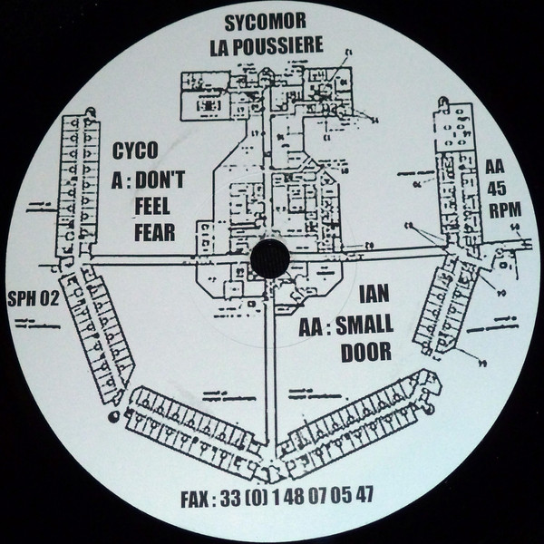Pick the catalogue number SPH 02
(x=32, y=305)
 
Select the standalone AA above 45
(x=495, y=168)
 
